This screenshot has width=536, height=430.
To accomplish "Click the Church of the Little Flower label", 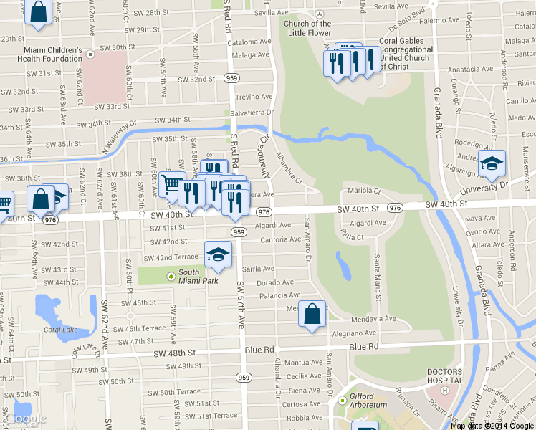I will coord(307,28).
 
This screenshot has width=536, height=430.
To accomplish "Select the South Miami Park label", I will coord(189,277).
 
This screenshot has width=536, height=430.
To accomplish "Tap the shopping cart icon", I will coord(171,186).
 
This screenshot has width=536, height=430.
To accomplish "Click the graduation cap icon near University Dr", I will coord(492,164).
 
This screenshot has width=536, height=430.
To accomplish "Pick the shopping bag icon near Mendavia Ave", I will coord(313,314).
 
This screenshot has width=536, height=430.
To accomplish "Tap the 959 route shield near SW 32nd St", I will coord(231,77).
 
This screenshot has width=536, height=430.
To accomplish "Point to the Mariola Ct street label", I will coord(364,191).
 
